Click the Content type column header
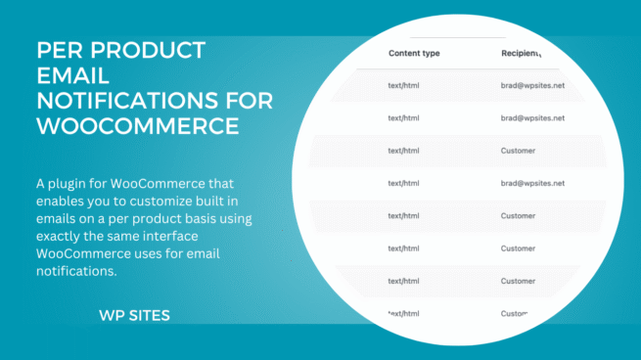tap(415, 54)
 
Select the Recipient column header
tap(520, 54)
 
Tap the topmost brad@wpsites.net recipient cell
tap(532, 87)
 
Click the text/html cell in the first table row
tap(403, 87)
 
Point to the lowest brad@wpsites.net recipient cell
tap(532, 183)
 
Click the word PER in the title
tap(60, 50)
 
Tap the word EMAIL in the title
tap(72, 75)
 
